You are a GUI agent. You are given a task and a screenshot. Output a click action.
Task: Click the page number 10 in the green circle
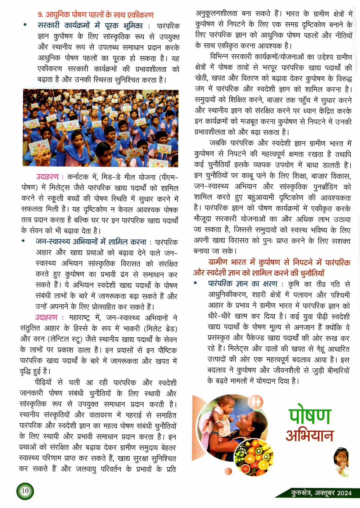pyautogui.click(x=25, y=491)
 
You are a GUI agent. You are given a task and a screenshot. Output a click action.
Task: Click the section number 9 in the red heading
pyautogui.click(x=40, y=15)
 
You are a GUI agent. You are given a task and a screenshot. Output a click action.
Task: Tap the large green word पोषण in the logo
pyautogui.click(x=309, y=415)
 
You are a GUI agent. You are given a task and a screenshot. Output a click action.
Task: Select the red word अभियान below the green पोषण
pyautogui.click(x=309, y=435)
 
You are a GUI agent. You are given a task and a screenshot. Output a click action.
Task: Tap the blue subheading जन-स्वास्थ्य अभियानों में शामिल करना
pyautogui.click(x=91, y=242)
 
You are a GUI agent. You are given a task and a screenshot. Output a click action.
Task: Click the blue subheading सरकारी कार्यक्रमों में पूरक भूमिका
pyautogui.click(x=90, y=26)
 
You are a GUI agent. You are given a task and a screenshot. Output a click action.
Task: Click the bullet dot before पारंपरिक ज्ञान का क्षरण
pyautogui.click(x=195, y=283)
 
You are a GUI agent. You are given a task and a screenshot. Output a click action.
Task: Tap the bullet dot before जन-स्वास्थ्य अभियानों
pyautogui.click(x=23, y=241)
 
